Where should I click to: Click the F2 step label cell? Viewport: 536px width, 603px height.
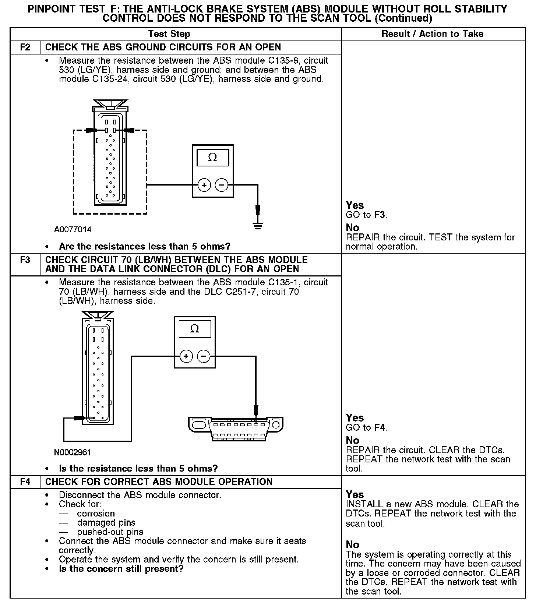[x=25, y=47]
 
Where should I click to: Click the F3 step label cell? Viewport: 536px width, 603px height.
[x=25, y=260]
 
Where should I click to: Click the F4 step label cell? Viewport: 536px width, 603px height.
[x=25, y=482]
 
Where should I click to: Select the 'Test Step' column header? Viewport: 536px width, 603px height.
[x=169, y=34]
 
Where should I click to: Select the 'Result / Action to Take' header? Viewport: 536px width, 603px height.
[x=433, y=34]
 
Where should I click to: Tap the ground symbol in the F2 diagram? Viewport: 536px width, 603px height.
[x=258, y=226]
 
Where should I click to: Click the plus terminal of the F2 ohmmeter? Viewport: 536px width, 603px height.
[x=204, y=185]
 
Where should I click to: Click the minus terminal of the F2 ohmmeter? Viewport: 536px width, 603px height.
[x=222, y=185]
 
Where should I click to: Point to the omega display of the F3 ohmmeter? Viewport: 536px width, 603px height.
[x=195, y=329]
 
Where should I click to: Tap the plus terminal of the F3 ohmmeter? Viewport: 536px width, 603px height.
[x=186, y=356]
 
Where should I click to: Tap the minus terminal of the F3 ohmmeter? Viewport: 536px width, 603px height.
[x=204, y=356]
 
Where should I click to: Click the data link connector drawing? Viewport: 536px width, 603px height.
[x=236, y=429]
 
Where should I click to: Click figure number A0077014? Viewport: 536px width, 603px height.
[x=73, y=230]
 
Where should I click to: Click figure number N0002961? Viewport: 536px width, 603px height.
[x=73, y=452]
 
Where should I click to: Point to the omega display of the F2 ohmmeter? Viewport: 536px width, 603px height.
[x=213, y=158]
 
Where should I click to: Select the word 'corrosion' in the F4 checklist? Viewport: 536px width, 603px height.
[x=96, y=514]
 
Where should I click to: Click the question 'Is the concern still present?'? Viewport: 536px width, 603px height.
[x=121, y=569]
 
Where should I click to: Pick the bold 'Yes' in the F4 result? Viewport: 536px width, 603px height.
[x=355, y=494]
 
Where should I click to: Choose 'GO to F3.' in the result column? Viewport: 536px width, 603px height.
[x=366, y=215]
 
